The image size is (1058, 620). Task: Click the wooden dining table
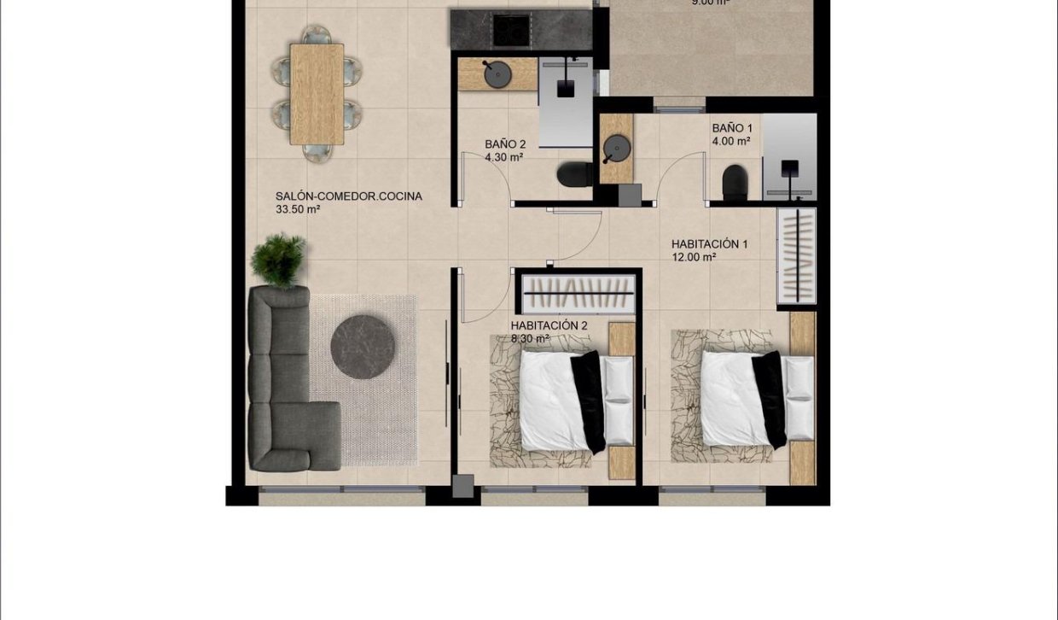[317, 94]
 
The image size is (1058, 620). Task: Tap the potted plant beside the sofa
[278, 260]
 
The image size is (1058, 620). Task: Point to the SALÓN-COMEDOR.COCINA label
[348, 196]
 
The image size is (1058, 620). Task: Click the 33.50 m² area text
[298, 209]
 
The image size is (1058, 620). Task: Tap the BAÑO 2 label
[505, 145]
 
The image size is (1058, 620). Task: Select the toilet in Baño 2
[574, 175]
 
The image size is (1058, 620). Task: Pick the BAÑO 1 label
[732, 129]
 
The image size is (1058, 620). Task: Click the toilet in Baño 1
[735, 183]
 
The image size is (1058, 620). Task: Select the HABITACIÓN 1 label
[709, 244]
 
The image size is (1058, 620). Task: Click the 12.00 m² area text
[693, 257]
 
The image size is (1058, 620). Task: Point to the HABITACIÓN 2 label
[549, 325]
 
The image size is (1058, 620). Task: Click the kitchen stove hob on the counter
[513, 31]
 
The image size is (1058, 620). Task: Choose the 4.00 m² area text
[731, 142]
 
